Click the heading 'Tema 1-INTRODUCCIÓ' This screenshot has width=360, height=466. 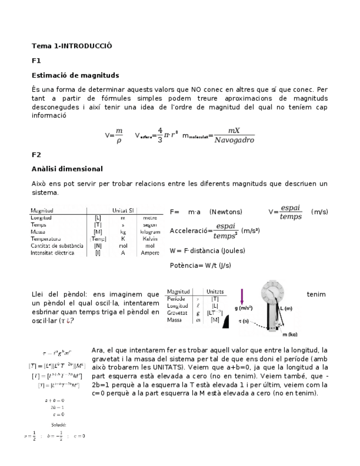click(71, 46)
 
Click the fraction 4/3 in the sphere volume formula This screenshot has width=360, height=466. click(160, 135)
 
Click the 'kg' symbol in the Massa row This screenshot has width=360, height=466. click(124, 232)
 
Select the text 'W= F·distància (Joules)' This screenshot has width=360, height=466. click(207, 251)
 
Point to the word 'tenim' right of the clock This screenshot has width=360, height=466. click(316, 294)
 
